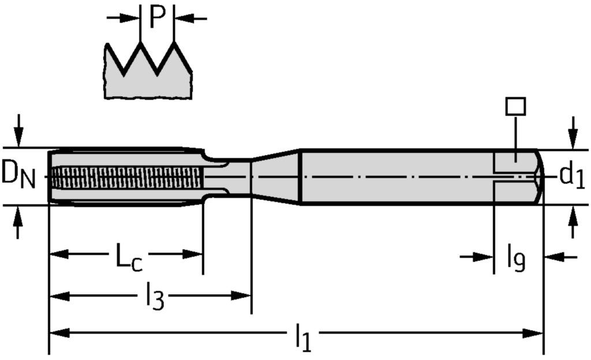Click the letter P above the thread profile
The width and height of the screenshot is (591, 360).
coord(157,17)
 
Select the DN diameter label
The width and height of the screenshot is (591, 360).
coord(18,175)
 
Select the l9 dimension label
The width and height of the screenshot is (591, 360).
coord(515,258)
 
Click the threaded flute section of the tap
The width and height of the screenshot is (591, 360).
coord(127,176)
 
